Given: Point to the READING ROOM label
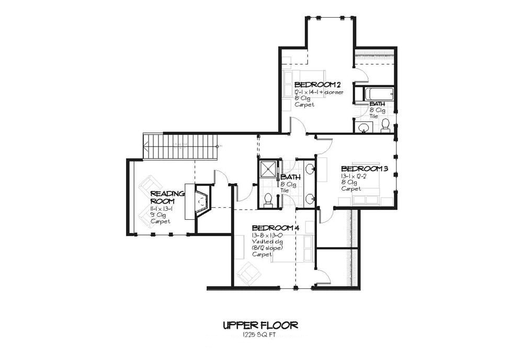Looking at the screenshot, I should pyautogui.click(x=167, y=197).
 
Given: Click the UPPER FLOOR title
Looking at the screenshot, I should pyautogui.click(x=260, y=325).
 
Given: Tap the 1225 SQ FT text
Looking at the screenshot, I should pyautogui.click(x=260, y=335).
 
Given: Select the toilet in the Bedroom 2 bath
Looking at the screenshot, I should pyautogui.click(x=385, y=125).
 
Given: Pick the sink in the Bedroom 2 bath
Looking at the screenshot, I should pyautogui.click(x=362, y=127).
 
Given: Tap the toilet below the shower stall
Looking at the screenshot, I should pyautogui.click(x=268, y=199).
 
